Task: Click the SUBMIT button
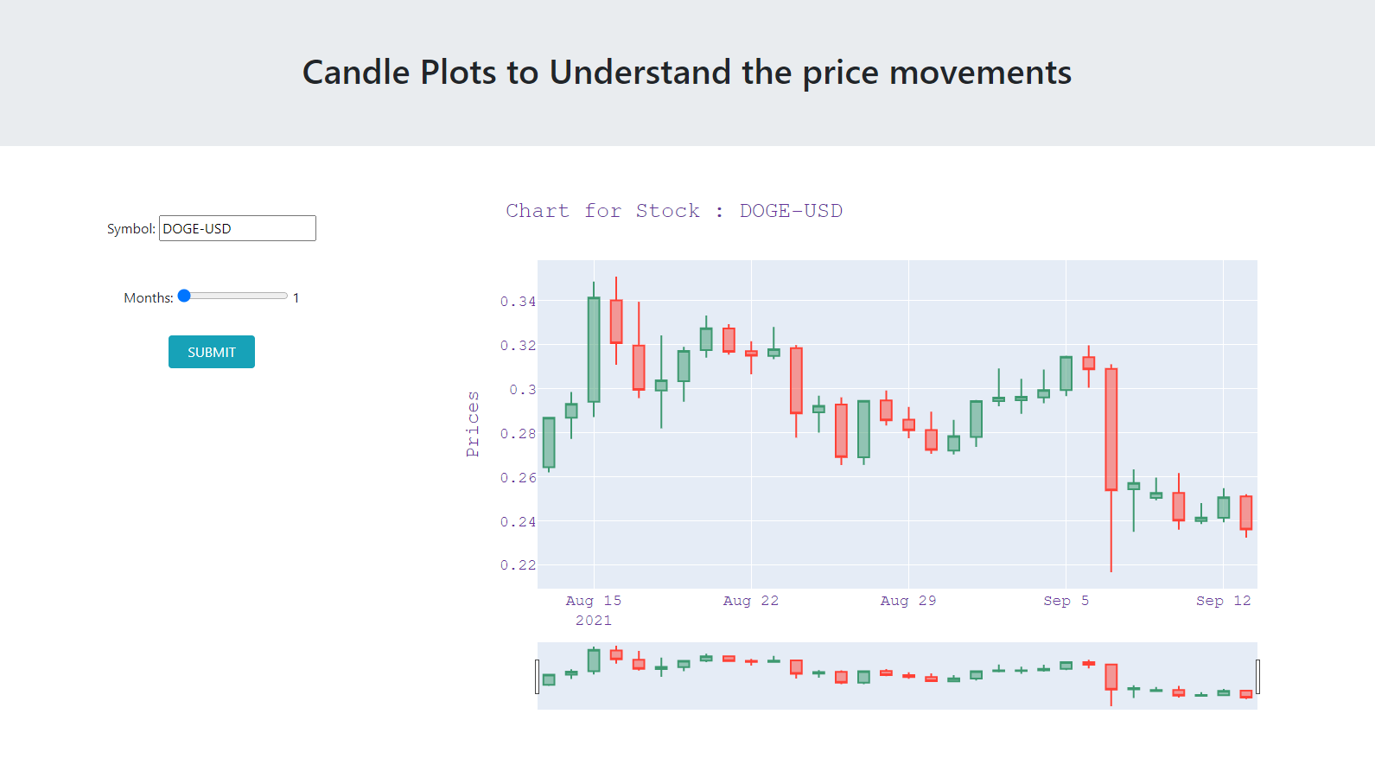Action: click(x=211, y=352)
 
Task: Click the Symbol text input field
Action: click(x=238, y=228)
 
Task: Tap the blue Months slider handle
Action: click(x=184, y=296)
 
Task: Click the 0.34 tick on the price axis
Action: click(x=518, y=302)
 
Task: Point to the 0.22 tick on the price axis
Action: click(x=518, y=564)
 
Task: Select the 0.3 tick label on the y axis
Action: click(x=522, y=389)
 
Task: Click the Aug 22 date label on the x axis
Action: click(x=751, y=601)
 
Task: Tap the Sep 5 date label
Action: click(x=1066, y=601)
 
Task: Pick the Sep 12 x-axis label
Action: click(x=1224, y=601)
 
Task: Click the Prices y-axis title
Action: click(x=473, y=424)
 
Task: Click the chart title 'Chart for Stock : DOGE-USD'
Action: click(x=674, y=211)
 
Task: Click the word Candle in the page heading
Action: click(x=356, y=73)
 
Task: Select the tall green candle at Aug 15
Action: click(x=594, y=350)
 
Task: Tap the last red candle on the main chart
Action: click(x=1246, y=513)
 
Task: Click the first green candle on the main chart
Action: click(x=549, y=443)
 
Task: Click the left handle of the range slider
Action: click(x=537, y=677)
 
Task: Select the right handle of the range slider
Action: click(x=1257, y=677)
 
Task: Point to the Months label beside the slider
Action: click(x=149, y=297)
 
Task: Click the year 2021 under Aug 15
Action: click(x=594, y=621)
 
